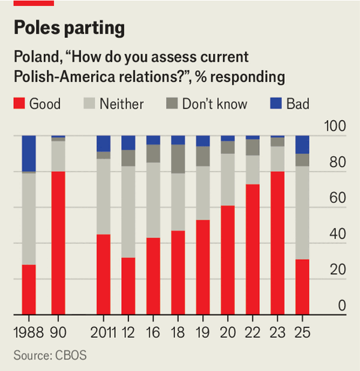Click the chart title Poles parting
point(70,28)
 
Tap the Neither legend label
point(121,104)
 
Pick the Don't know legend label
point(215,104)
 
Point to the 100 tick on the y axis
point(335,127)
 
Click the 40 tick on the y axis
point(337,234)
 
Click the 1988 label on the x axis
point(28,331)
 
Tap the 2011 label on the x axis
point(103,331)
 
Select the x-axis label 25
point(302,331)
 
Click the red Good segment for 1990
point(58,243)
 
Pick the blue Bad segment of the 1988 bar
point(29,154)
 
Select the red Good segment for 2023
point(277,243)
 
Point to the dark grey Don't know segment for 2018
point(178,159)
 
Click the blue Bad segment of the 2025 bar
point(302,145)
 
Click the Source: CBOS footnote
point(50,355)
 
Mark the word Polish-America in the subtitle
point(59,77)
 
